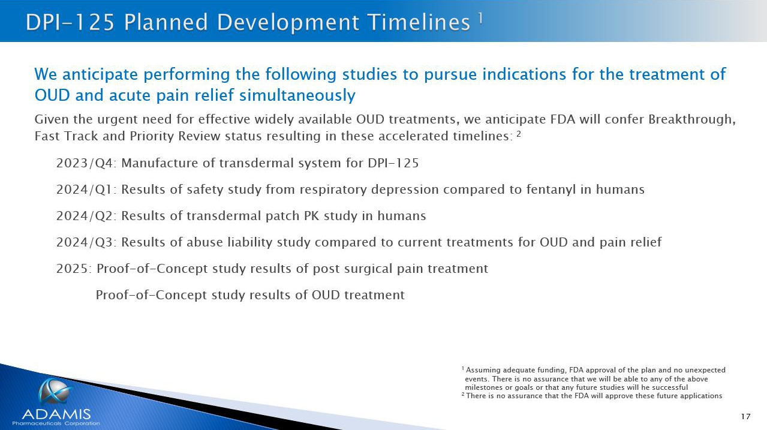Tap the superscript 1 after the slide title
[480, 18]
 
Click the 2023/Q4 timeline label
[85, 163]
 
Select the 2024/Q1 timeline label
[85, 190]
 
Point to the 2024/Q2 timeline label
[85, 216]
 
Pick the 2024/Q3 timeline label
[85, 242]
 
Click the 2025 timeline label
[73, 269]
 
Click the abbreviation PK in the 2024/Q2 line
[311, 216]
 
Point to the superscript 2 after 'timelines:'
[519, 134]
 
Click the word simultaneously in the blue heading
[297, 95]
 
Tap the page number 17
[746, 416]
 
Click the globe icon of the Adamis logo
[55, 391]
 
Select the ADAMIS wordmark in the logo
[56, 414]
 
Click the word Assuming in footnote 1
[483, 371]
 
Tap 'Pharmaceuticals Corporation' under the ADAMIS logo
[56, 423]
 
